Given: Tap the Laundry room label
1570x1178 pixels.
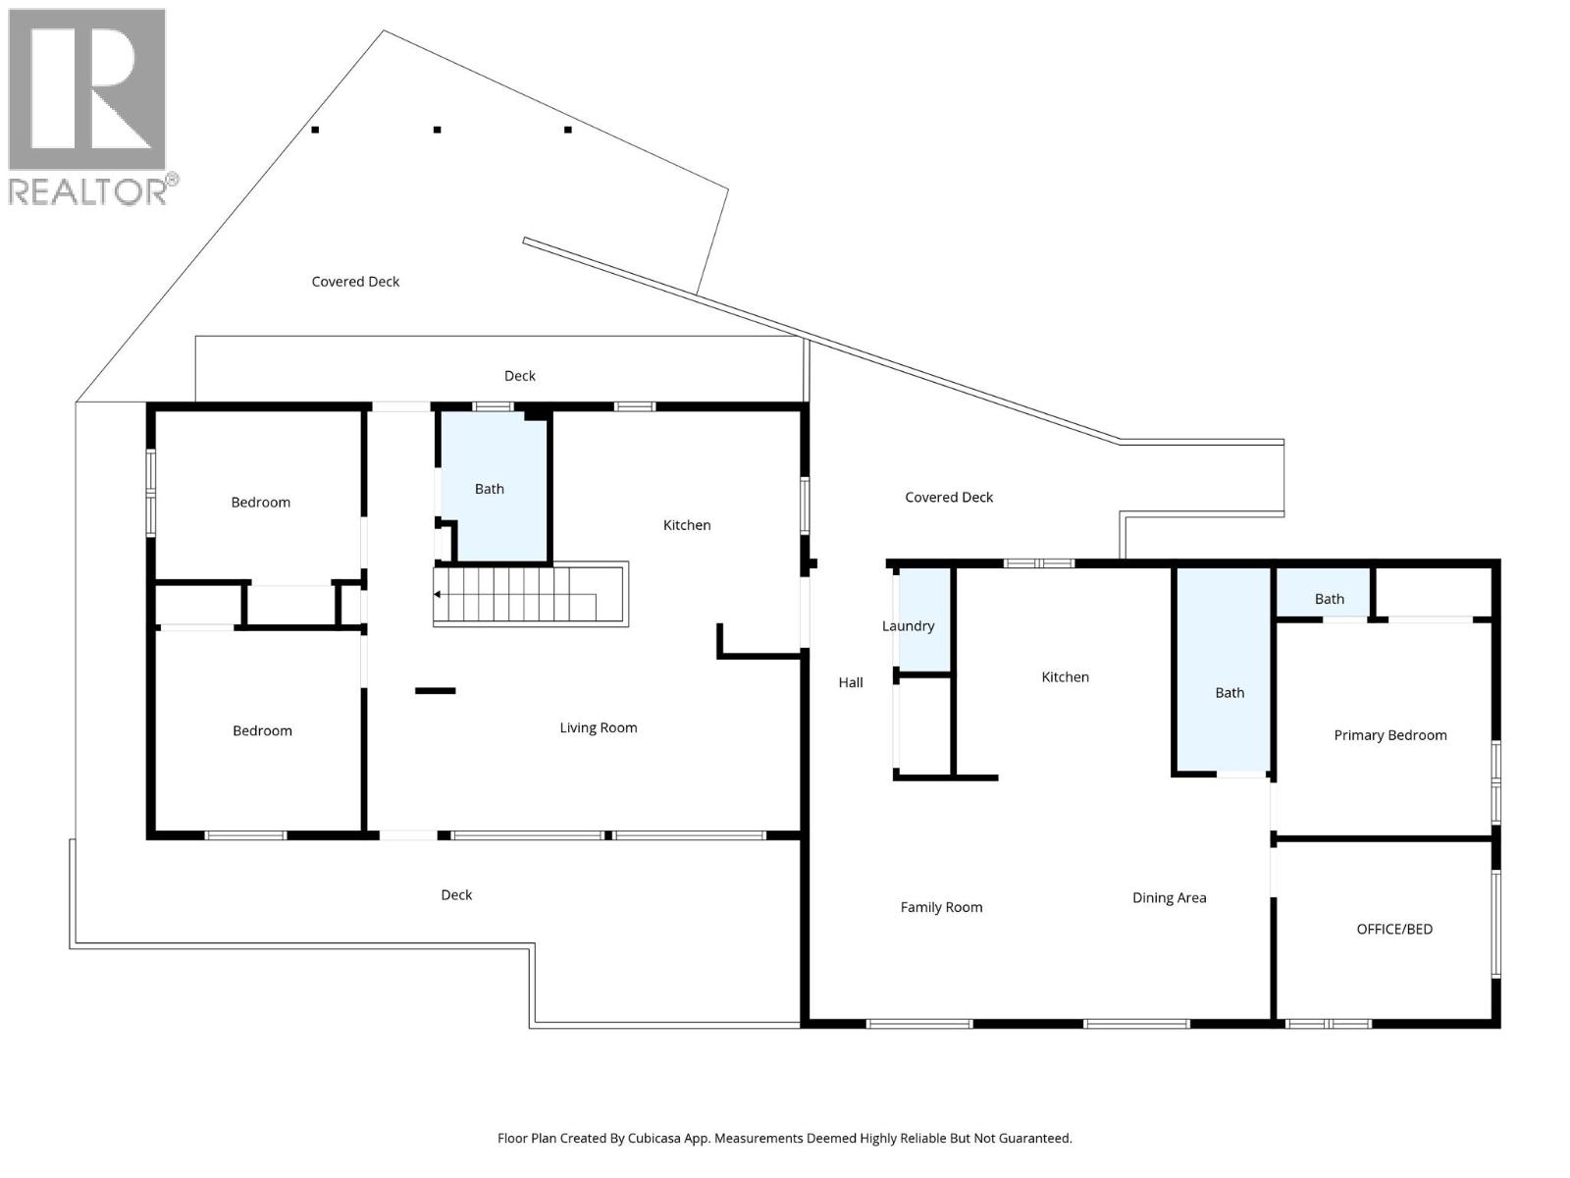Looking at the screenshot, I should (x=908, y=626).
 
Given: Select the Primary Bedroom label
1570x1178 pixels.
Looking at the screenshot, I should (x=1389, y=735).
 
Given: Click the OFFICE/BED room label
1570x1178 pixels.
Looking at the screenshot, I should (x=1393, y=929).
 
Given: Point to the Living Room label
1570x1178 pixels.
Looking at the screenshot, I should (x=598, y=727).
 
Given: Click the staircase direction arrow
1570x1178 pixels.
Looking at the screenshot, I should (x=438, y=594).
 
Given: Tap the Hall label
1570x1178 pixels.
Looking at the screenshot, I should (x=850, y=682).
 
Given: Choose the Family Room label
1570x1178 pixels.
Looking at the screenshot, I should (x=941, y=907).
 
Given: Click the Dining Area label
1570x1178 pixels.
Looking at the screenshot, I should (x=1169, y=897).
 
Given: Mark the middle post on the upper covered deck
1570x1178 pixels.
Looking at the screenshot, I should (x=437, y=130).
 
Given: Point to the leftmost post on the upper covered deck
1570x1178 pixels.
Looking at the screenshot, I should (x=315, y=130).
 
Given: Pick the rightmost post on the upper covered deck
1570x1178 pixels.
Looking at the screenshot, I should (x=567, y=130).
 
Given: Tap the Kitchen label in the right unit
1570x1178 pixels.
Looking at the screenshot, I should (x=1065, y=677).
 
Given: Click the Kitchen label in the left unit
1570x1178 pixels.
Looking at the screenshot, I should (x=686, y=525).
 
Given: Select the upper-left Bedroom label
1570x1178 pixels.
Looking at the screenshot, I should (x=260, y=503).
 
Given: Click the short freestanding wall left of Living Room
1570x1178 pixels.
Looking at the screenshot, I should (x=435, y=691).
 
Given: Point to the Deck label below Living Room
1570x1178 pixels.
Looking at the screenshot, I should (x=456, y=895).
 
